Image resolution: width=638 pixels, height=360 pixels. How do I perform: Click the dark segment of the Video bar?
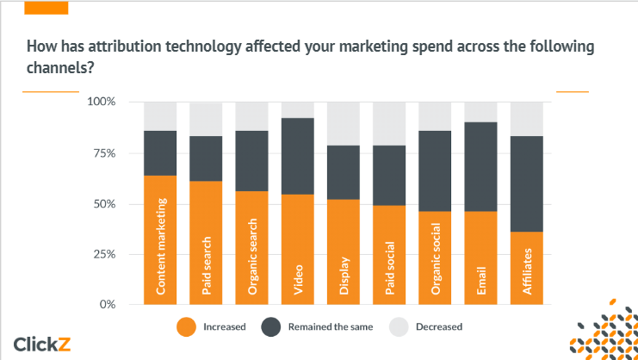point(297,156)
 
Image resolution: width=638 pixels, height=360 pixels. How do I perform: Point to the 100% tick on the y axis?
point(102,102)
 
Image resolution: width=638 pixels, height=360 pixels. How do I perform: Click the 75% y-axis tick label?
point(104,153)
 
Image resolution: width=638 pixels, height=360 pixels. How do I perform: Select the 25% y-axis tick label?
point(104,254)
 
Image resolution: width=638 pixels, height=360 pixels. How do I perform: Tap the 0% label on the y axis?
point(108,304)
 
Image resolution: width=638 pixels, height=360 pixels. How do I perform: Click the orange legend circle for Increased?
point(186,326)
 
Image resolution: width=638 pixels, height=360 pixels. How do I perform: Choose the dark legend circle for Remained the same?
point(271,326)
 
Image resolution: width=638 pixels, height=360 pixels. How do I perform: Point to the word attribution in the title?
point(121,46)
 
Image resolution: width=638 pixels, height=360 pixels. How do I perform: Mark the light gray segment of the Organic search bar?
point(251,115)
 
